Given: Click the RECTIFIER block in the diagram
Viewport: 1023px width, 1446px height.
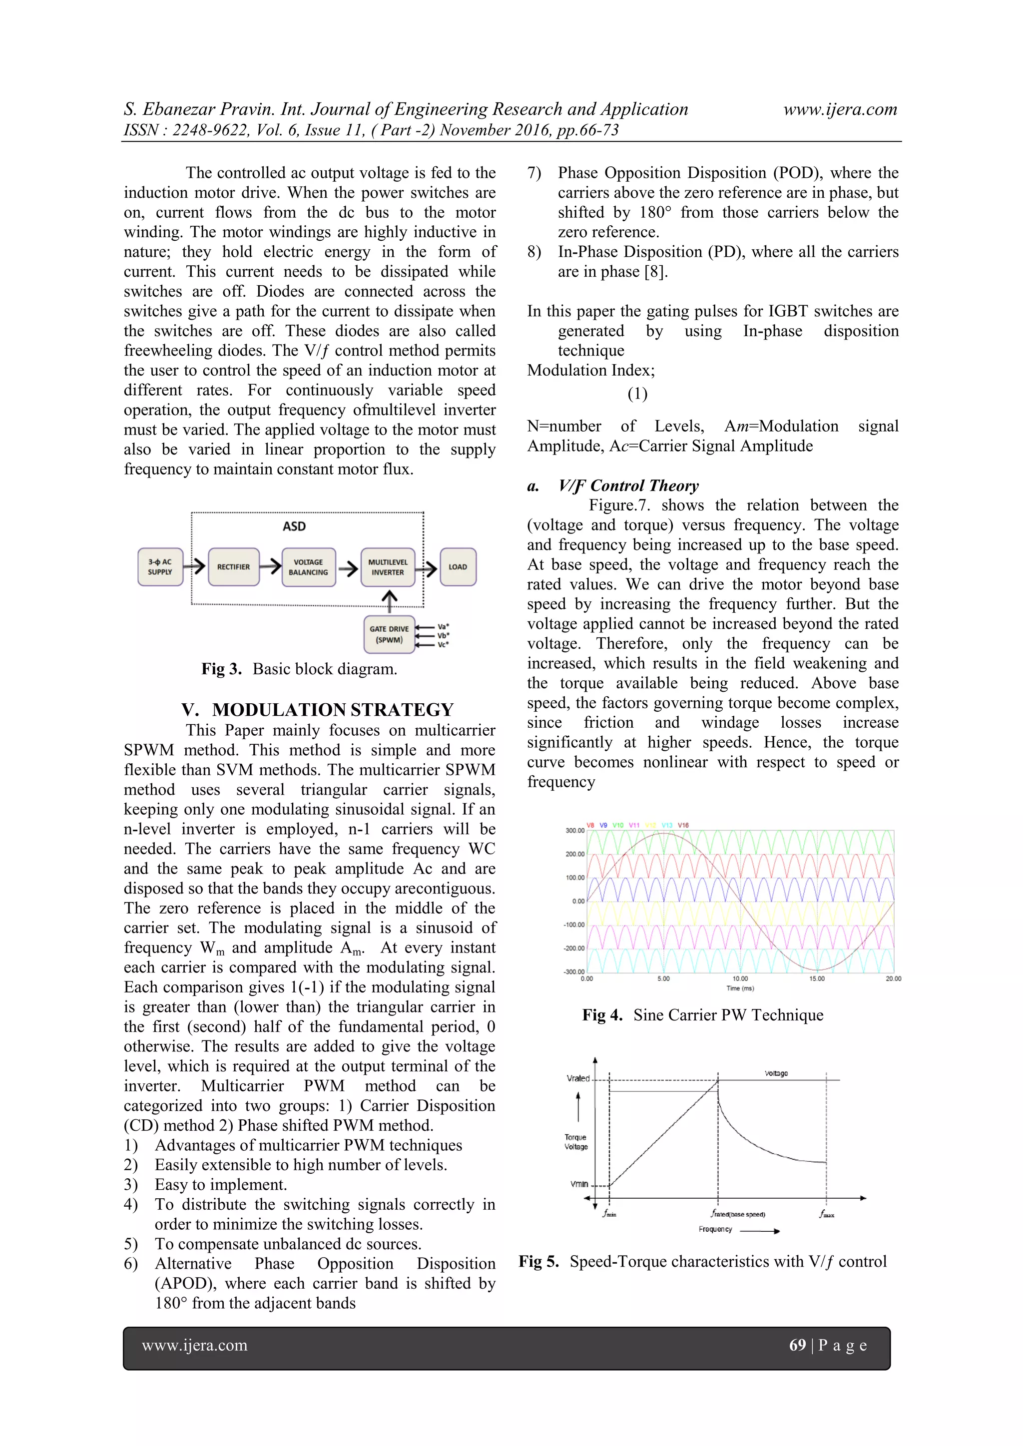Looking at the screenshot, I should click(x=233, y=567).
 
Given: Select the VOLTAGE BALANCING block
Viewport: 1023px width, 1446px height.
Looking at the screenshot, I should click(x=308, y=567).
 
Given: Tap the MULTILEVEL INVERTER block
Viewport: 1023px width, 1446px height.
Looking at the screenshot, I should click(x=388, y=567).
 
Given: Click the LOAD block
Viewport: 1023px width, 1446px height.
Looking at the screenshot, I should click(x=458, y=567).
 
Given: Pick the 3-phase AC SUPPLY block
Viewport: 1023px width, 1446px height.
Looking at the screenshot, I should click(x=160, y=567).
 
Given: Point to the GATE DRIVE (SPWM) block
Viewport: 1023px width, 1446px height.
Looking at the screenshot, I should click(x=389, y=634).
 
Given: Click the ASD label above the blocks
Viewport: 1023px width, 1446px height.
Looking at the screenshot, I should click(x=294, y=526).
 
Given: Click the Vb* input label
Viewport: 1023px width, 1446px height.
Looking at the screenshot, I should click(x=443, y=635).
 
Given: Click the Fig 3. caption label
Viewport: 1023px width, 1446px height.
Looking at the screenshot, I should click(x=221, y=669).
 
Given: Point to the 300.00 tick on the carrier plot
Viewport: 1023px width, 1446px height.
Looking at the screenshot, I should click(x=574, y=831).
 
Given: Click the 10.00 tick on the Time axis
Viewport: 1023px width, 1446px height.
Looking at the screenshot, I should click(x=740, y=978).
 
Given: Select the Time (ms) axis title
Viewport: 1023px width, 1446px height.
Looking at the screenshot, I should click(x=740, y=988).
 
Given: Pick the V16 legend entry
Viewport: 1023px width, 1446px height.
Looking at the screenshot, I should click(x=683, y=825).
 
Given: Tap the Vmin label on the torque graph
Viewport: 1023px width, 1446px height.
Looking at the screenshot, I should click(x=579, y=1184).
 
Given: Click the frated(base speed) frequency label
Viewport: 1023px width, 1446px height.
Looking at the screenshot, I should click(x=738, y=1214).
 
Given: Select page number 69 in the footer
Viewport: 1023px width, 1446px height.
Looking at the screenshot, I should click(x=798, y=1345).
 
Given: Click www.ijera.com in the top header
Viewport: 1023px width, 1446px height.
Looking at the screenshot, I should click(x=840, y=109).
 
